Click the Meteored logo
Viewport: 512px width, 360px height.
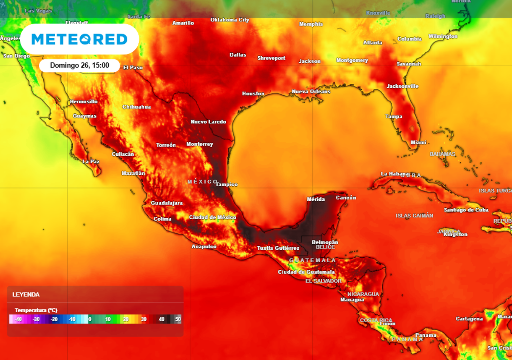click(x=79, y=39)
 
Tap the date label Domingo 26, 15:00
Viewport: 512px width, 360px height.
click(x=80, y=65)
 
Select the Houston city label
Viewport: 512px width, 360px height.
click(x=253, y=94)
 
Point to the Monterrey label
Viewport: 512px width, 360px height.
click(x=199, y=144)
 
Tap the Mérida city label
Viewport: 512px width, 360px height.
click(x=315, y=199)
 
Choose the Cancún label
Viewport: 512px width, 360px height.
click(x=346, y=198)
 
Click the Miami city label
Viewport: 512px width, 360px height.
click(x=418, y=142)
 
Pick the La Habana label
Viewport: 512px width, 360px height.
click(x=395, y=174)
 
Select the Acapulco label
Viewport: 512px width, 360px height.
click(x=204, y=247)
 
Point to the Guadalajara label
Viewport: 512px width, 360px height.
click(x=167, y=203)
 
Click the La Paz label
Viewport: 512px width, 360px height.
click(x=91, y=161)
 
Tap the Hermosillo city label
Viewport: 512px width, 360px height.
click(x=84, y=102)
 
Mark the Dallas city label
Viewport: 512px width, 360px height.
click(x=238, y=55)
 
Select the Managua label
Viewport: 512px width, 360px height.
click(x=352, y=300)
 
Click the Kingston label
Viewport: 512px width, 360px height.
click(x=455, y=234)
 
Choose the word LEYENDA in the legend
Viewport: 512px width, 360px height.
click(x=26, y=295)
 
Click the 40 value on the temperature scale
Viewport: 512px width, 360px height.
click(x=161, y=319)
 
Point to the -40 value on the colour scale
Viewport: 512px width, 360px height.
click(x=18, y=319)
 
